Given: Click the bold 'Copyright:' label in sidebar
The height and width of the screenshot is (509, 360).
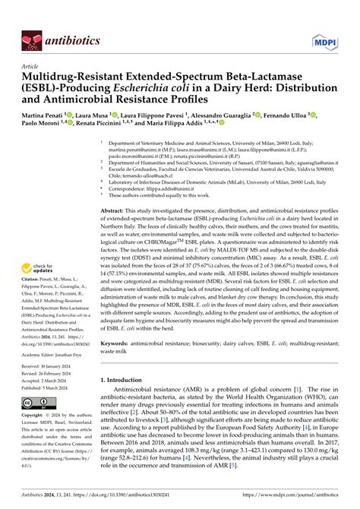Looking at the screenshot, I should (35, 416).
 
